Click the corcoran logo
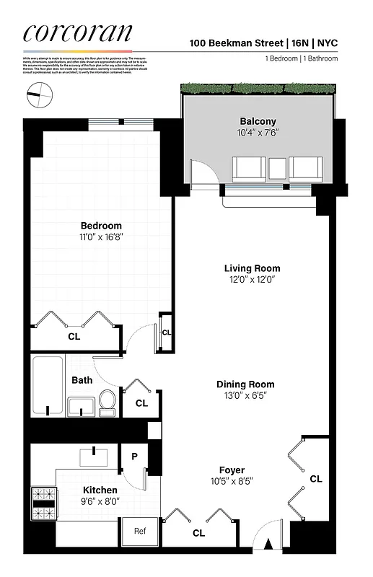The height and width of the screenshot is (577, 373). pos(78,32)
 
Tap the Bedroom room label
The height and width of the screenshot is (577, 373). pos(101,226)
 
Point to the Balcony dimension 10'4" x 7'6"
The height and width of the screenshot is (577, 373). pos(258,133)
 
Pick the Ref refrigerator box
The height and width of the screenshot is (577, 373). pos(141,532)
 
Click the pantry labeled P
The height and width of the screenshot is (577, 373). pos(134,456)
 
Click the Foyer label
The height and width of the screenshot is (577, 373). pos(232,470)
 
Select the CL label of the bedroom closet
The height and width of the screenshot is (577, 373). pos(74,336)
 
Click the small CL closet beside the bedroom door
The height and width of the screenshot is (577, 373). pos(166,332)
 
